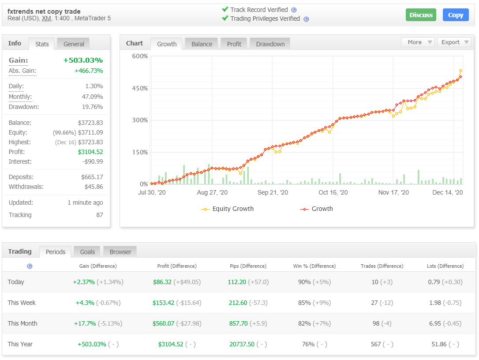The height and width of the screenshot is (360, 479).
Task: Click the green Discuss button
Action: (421, 15)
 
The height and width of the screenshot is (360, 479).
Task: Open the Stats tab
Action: (42, 44)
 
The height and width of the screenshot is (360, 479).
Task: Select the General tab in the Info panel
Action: (74, 44)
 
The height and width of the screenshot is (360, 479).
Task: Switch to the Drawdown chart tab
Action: (270, 44)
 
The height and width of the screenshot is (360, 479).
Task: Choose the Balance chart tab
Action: (202, 44)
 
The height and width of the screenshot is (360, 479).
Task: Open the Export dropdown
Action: (454, 42)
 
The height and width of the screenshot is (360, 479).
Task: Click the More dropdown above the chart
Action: (419, 42)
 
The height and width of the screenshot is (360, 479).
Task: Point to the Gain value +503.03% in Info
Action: (83, 60)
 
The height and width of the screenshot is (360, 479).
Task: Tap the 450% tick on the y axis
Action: (140, 88)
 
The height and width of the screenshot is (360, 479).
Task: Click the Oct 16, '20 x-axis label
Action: (333, 192)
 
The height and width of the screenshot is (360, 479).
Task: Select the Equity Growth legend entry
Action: (227, 209)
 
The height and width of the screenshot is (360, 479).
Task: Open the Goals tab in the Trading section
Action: (87, 252)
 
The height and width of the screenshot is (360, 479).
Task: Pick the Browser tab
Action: (120, 252)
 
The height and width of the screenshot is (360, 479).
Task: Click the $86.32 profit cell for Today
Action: (162, 282)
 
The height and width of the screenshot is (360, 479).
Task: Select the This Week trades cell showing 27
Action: (374, 303)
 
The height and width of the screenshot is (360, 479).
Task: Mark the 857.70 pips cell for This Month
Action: (238, 324)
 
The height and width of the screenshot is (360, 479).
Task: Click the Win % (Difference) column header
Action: (314, 266)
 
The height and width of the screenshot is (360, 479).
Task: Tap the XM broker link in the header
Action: (46, 19)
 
